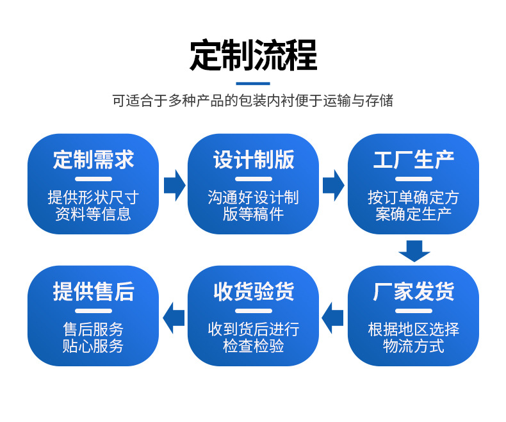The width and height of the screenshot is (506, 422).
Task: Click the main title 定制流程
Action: pos(254,55)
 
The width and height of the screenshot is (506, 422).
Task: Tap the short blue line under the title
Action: pos(253,83)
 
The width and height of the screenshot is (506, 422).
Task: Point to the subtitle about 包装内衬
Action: pos(252,101)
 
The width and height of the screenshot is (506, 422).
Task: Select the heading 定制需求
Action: pos(94,159)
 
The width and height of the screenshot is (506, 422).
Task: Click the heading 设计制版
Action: pos(254,159)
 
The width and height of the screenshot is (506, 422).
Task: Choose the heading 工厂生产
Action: pos(413,159)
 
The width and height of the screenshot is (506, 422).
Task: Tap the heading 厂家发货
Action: pos(413,291)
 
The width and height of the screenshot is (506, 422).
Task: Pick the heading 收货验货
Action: pos(254,291)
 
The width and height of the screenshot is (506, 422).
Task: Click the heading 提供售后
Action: pos(94,291)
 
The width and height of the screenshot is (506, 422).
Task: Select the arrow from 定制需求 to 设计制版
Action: pos(175,186)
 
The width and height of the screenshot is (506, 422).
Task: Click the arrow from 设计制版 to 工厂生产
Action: pos(334,186)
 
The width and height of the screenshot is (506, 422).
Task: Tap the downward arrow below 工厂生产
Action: pos(414,251)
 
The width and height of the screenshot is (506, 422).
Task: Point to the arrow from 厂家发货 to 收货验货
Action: pos(332,318)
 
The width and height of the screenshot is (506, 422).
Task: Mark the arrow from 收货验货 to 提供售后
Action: pos(174,318)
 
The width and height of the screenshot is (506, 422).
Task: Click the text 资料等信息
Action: pos(94,215)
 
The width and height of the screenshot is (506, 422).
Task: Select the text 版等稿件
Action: pos(254,215)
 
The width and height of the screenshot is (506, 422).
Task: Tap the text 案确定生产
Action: pos(413,215)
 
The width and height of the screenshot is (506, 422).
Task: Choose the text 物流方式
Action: pos(413,346)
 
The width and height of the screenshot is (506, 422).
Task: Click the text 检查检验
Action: pos(254,346)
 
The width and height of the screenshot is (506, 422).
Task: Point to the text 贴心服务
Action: pos(94,346)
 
